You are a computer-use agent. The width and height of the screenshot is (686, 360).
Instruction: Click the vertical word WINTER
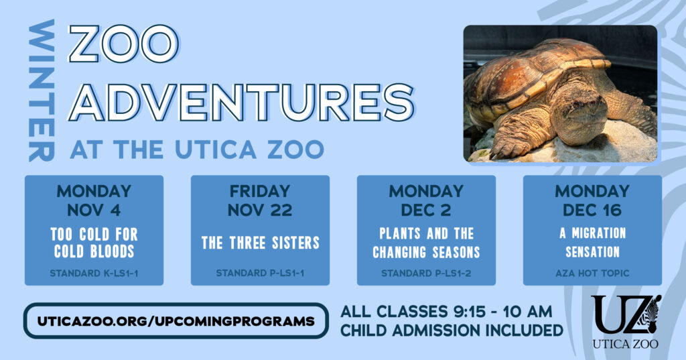point(42,91)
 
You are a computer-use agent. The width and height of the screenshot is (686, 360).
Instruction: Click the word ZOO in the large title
point(124,46)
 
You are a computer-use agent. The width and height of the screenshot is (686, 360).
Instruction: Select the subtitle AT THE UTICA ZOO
point(196,149)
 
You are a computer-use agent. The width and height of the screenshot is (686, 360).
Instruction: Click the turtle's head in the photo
point(577,110)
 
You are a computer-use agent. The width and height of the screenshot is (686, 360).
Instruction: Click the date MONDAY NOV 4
point(94,200)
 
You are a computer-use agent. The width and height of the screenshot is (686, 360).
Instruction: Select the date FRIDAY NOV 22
point(260,200)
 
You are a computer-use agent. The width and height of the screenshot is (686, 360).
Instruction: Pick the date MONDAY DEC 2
point(426,200)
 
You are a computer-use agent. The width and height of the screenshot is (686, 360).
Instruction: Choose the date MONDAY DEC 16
point(592,200)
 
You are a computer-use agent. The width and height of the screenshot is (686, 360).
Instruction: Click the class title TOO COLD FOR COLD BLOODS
point(94,243)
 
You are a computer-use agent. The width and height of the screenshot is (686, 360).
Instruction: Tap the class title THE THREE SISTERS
point(260,243)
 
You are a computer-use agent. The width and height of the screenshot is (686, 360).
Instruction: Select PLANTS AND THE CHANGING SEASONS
point(426,243)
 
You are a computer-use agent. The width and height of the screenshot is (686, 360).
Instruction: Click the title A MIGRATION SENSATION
point(592,243)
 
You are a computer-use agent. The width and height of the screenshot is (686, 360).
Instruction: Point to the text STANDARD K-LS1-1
point(94,274)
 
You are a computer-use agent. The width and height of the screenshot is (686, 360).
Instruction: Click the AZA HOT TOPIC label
point(592,274)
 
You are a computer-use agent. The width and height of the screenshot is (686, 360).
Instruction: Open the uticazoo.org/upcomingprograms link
point(176,320)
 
